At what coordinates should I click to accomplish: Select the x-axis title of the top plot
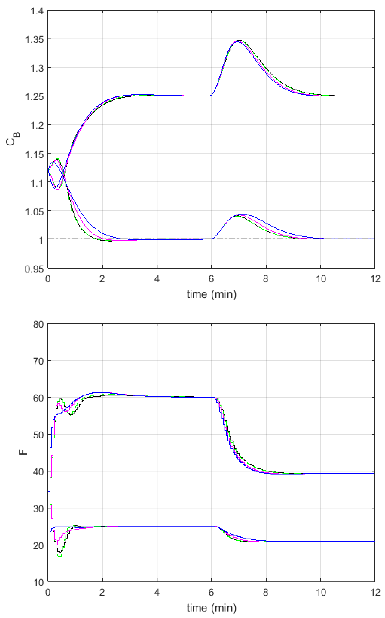(212, 294)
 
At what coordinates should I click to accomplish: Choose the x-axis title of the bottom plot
(212, 608)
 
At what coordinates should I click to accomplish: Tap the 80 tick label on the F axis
(38, 325)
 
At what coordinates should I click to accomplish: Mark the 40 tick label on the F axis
(38, 472)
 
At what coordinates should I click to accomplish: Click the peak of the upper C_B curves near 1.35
(239, 41)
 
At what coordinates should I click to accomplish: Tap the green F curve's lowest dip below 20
(59, 556)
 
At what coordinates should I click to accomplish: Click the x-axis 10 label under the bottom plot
(321, 593)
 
